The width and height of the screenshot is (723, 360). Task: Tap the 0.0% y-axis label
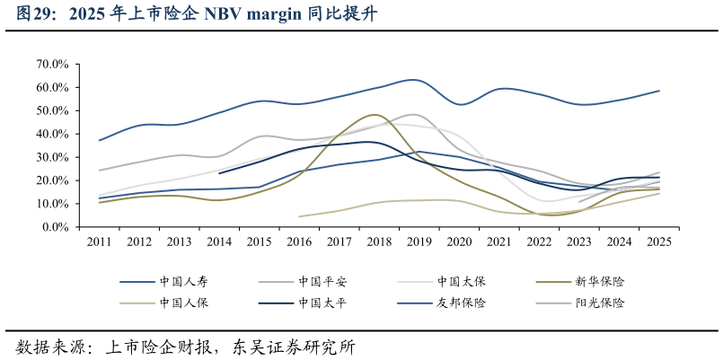tap(55, 227)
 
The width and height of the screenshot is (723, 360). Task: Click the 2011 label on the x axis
tap(100, 241)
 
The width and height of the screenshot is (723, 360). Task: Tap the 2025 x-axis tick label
tap(659, 241)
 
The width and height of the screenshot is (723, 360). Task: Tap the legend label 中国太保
tap(461, 281)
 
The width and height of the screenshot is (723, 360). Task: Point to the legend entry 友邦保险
tap(461, 303)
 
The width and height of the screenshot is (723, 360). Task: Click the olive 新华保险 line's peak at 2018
tap(375, 115)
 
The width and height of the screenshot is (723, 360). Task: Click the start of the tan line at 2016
tap(300, 216)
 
